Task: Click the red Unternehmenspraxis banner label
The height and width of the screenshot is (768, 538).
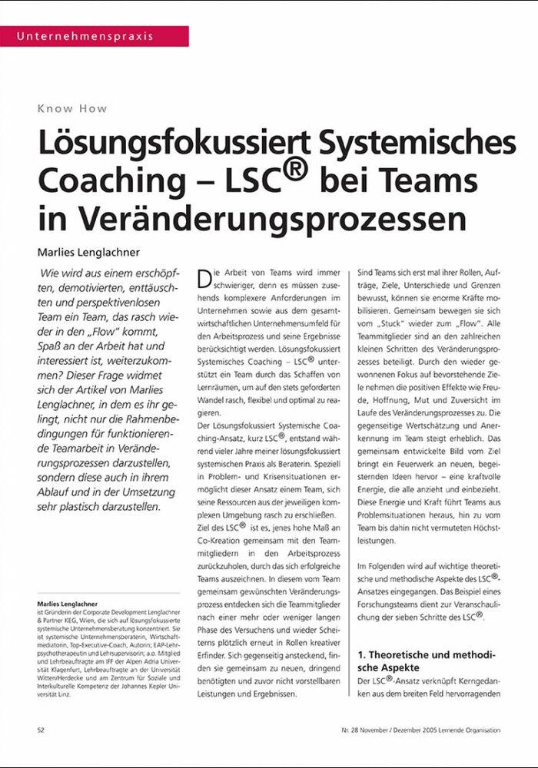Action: click(85, 36)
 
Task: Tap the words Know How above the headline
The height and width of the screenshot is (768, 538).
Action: click(72, 108)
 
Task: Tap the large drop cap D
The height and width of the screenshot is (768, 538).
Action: click(204, 278)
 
